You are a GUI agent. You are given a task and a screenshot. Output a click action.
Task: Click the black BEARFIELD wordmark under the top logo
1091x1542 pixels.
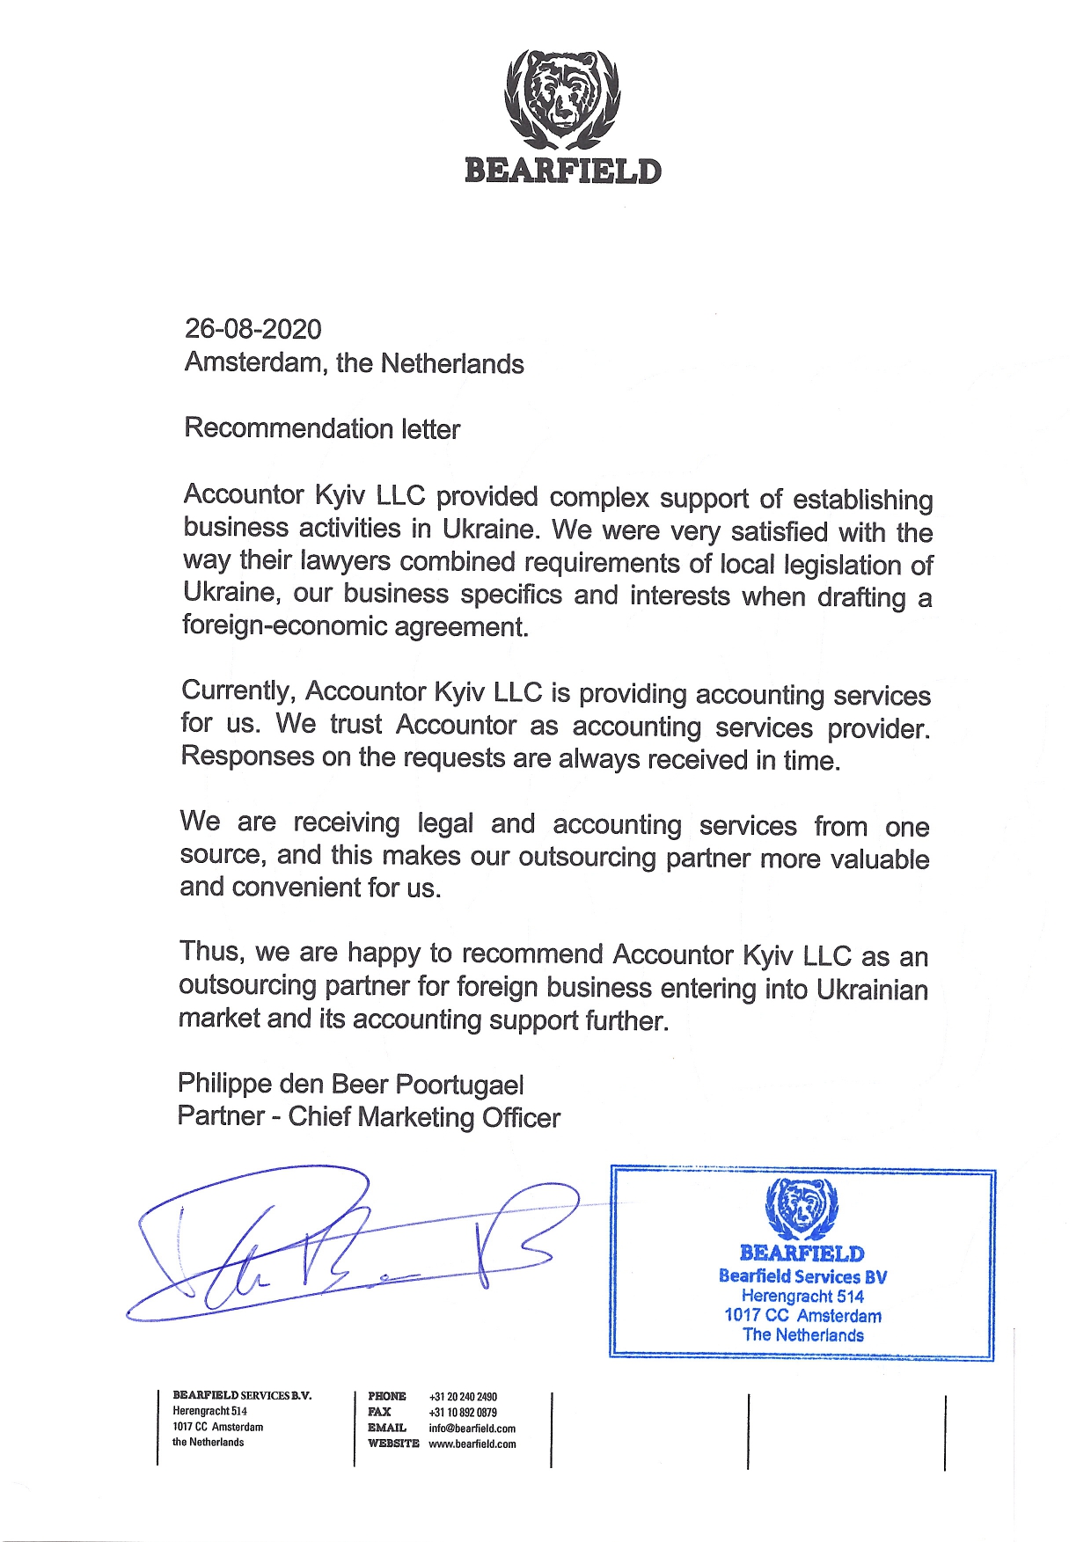[x=562, y=171]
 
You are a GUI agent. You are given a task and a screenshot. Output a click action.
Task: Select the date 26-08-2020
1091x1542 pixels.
[x=253, y=329]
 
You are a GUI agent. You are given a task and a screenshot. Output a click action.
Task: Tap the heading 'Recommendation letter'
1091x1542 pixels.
[x=322, y=428]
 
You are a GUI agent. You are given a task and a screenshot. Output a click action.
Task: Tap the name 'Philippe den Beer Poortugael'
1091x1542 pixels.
[x=350, y=1084]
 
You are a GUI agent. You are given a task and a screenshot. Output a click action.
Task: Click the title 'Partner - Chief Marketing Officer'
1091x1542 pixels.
[x=369, y=1117]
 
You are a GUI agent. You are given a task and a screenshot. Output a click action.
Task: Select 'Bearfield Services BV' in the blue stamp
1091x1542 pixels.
[x=802, y=1276]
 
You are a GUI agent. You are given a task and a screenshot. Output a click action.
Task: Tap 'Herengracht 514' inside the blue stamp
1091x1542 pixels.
[x=802, y=1297]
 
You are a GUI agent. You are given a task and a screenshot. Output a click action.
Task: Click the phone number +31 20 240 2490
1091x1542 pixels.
[x=463, y=1397]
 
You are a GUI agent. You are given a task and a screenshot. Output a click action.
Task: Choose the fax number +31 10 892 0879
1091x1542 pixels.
[x=463, y=1413]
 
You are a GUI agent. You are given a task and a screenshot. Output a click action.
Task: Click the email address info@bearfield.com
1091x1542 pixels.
[x=472, y=1429]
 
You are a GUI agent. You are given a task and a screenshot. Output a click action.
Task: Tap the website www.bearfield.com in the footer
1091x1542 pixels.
[x=472, y=1444]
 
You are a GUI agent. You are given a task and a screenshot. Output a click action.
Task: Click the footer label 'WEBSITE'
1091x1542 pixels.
[x=393, y=1444]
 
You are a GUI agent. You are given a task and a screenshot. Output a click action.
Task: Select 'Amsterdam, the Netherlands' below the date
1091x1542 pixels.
[x=354, y=363]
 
